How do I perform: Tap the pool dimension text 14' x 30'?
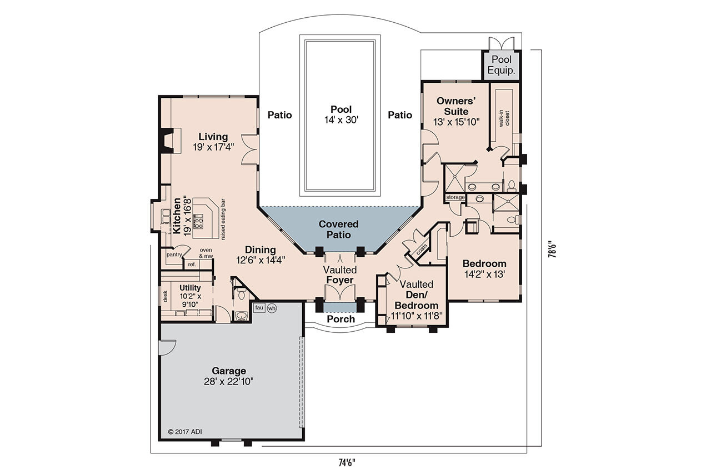341,119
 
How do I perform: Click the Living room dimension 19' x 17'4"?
213,147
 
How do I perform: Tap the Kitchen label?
177,215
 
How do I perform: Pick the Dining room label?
261,250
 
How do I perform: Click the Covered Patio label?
338,229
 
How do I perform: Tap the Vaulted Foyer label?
340,275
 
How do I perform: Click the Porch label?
341,319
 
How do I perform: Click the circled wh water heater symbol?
272,308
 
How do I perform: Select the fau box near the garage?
259,307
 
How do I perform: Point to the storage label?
455,197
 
